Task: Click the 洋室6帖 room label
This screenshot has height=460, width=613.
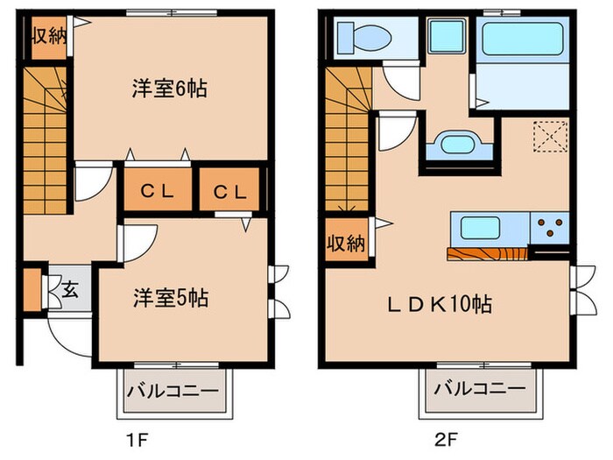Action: click(169, 88)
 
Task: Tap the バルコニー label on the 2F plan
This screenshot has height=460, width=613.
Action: click(479, 387)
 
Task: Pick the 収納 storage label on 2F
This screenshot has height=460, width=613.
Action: click(346, 244)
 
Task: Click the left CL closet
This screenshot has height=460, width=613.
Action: click(156, 191)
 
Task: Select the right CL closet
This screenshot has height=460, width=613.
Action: click(231, 191)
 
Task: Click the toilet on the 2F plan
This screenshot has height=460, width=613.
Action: click(364, 37)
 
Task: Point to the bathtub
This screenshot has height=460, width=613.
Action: click(523, 40)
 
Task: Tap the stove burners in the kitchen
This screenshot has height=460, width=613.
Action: click(551, 228)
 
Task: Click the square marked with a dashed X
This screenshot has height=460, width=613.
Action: click(550, 137)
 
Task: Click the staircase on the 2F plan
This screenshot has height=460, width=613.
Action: click(347, 140)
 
